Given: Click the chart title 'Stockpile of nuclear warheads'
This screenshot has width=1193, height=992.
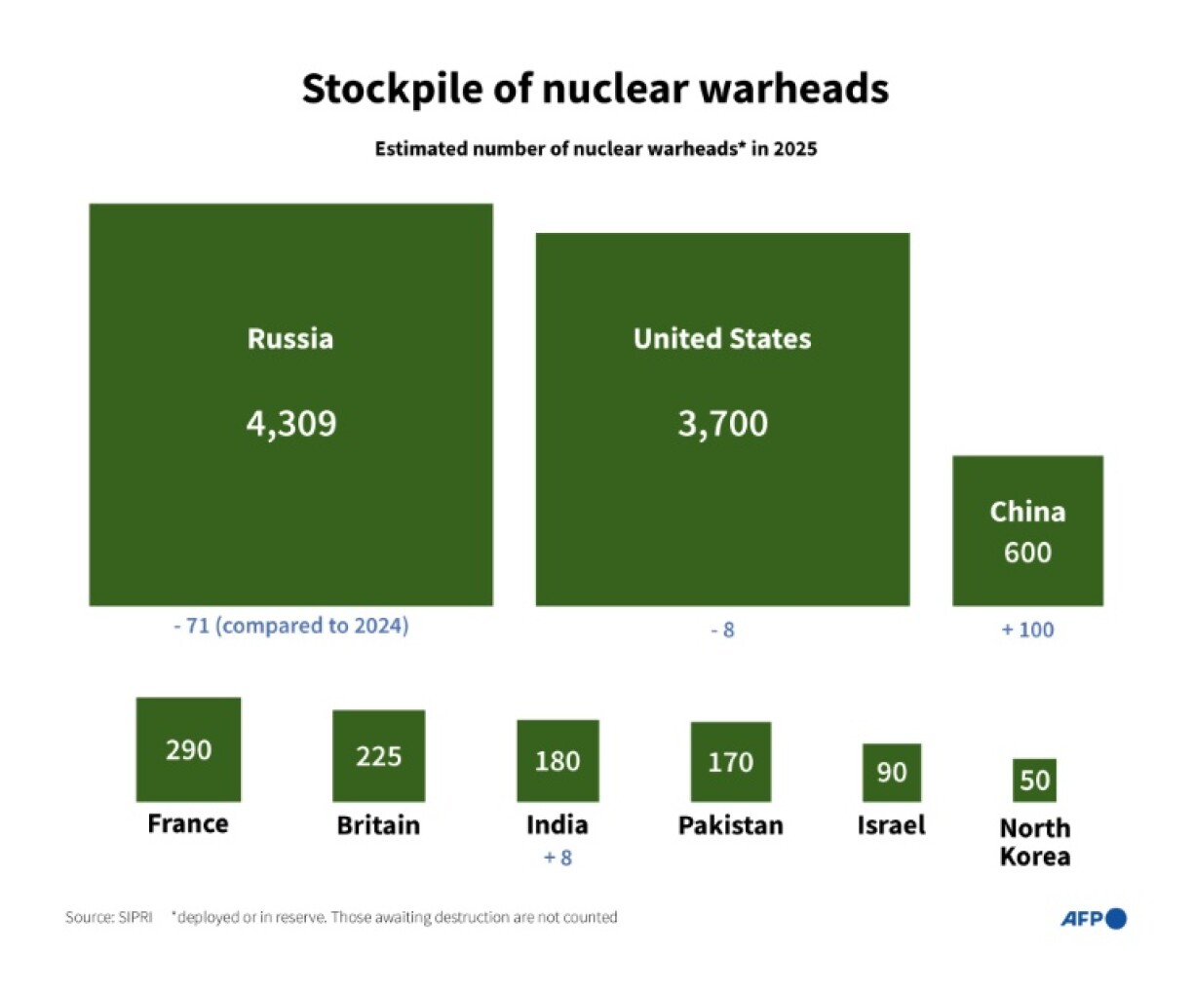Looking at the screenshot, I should [595, 88].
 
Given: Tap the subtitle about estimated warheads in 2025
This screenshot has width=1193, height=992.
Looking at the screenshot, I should [596, 149].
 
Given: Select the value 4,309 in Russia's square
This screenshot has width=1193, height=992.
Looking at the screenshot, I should [290, 424].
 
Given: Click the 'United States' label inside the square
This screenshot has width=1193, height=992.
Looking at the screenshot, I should [722, 338].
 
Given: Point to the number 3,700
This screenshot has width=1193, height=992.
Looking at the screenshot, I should [722, 424].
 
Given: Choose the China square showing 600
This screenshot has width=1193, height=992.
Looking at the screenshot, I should [1027, 531].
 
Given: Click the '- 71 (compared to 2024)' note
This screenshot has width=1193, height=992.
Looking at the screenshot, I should [290, 626].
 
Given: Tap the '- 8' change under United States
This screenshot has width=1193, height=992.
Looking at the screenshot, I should [722, 630].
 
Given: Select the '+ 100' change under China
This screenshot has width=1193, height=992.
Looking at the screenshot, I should [1027, 630].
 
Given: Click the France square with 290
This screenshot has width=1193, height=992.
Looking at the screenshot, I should [188, 749].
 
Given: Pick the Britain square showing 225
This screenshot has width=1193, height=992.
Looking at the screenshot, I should [378, 756].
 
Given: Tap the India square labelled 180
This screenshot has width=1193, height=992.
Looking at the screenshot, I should [558, 761].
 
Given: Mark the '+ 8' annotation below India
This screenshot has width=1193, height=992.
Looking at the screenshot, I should [558, 858].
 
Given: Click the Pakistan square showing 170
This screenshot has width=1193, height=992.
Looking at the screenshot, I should [730, 762].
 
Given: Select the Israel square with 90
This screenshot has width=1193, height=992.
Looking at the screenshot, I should [891, 773].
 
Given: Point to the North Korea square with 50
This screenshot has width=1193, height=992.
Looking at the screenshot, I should [1034, 780].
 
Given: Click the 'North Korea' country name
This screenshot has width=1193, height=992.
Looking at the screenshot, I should [1034, 842].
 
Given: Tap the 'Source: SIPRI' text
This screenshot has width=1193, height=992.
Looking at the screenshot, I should [109, 917].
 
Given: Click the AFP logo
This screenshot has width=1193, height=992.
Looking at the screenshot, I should [1093, 918].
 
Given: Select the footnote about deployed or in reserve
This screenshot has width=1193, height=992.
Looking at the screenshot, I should [394, 917].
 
